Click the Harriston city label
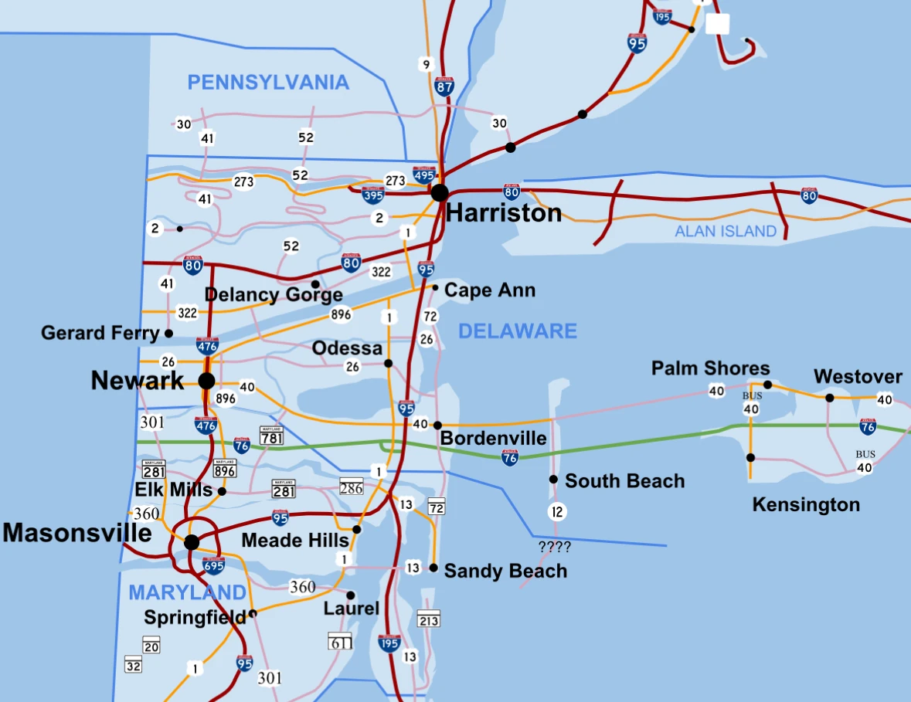[504, 213]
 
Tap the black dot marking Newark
[206, 381]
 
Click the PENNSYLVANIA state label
[268, 83]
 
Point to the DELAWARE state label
[518, 331]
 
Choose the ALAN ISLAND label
[726, 231]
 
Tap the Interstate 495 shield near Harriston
[423, 175]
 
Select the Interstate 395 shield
[373, 194]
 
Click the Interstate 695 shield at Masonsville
[214, 565]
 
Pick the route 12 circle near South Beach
[557, 511]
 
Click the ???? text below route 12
[555, 548]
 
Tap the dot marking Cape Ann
[435, 288]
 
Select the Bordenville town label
[493, 439]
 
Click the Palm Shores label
[710, 368]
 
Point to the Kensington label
[806, 505]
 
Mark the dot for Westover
[829, 398]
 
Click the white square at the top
[718, 24]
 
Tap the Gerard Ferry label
[100, 333]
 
